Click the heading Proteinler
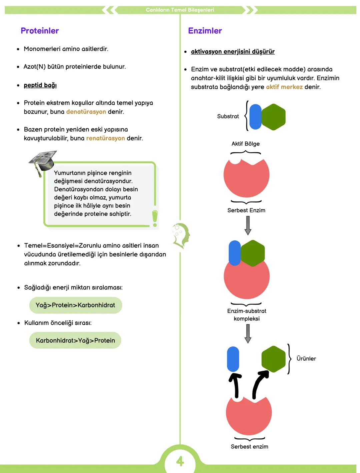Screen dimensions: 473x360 (40, 31)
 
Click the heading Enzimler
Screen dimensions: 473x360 (205, 31)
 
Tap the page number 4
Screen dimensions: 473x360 (180, 461)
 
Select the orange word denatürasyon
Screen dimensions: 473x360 (86, 112)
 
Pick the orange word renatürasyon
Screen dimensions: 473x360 (105, 138)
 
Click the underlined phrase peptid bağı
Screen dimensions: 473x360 (40, 85)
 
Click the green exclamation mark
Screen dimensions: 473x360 (155, 218)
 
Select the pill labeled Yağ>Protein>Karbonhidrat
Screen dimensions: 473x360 (75, 305)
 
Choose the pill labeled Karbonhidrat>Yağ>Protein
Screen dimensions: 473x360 (75, 340)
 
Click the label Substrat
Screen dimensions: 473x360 (228, 116)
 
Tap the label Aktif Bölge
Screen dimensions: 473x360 (245, 144)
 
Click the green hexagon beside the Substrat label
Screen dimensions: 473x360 (273, 117)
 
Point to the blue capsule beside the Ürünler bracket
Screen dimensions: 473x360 (233, 359)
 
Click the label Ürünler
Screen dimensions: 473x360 (306, 359)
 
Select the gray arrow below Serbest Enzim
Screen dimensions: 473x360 (248, 225)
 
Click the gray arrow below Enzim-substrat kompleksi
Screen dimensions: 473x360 (248, 333)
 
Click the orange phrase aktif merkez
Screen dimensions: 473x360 (284, 87)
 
